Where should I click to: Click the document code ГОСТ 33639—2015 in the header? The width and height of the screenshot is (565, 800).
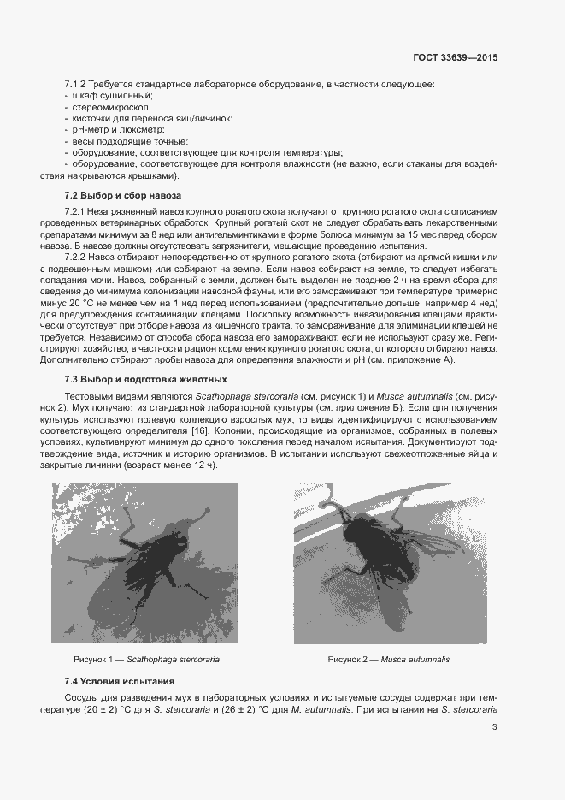[x=455, y=58]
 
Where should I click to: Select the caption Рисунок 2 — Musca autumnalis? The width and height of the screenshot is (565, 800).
[x=389, y=660]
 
